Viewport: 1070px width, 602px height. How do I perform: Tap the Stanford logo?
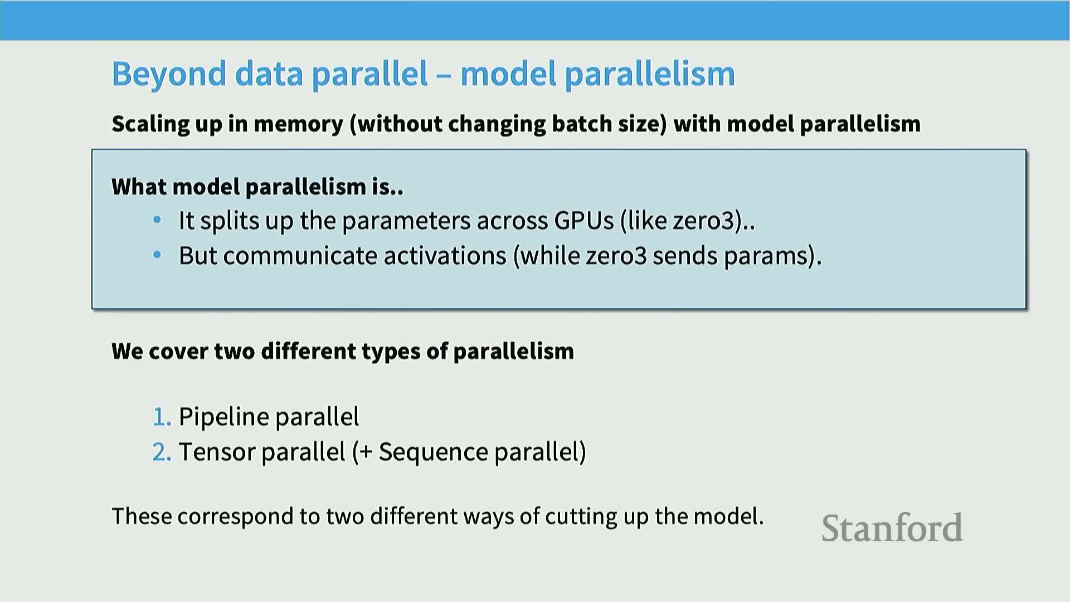(892, 528)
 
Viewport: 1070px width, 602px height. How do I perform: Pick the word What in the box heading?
(139, 187)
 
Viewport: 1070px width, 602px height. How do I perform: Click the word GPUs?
(583, 221)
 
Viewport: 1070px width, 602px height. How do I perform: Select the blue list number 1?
(162, 417)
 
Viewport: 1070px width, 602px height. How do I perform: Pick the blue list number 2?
(162, 452)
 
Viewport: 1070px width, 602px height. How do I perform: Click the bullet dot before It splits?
(157, 220)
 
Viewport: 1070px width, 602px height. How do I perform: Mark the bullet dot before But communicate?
(157, 255)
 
